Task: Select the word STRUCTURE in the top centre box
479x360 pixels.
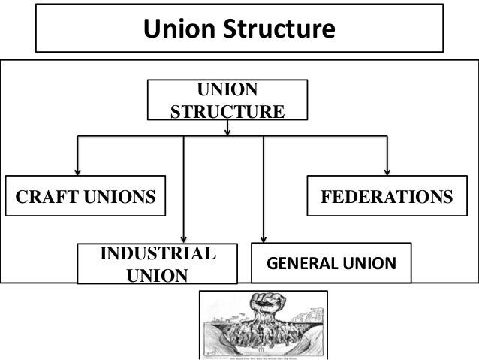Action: (x=227, y=112)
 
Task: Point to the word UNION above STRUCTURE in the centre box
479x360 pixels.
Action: (x=227, y=91)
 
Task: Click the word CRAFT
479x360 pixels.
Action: (x=44, y=197)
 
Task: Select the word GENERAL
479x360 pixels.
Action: (x=300, y=264)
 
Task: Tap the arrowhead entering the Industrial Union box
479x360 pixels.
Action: (x=184, y=239)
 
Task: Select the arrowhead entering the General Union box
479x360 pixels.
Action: (x=264, y=239)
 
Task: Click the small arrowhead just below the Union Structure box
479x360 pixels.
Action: (x=227, y=132)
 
